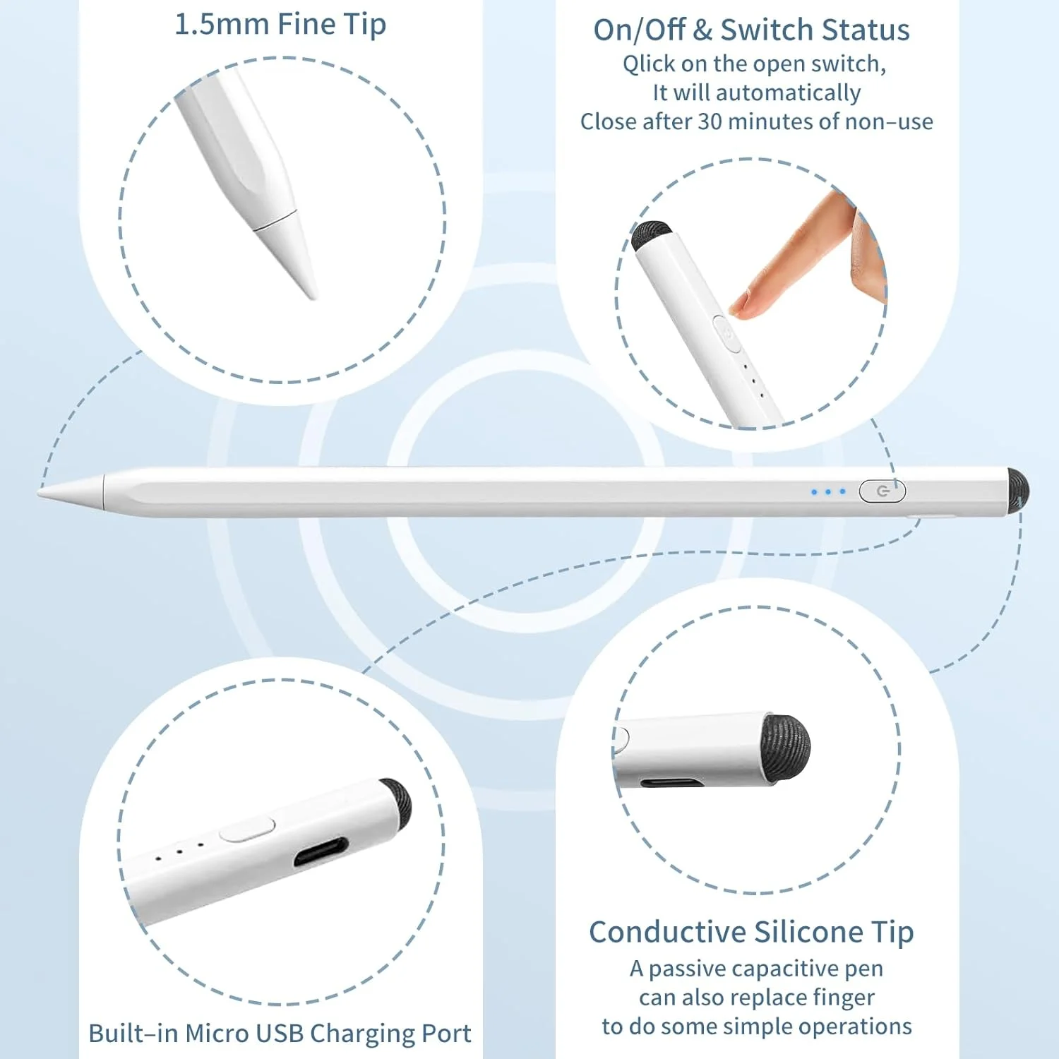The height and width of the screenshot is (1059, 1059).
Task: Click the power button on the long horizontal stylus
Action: [x=882, y=491]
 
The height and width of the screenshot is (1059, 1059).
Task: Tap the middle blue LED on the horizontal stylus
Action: [x=828, y=491]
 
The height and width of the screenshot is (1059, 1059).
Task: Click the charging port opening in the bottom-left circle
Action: [x=321, y=851]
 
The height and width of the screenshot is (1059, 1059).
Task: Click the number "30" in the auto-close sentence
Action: [x=710, y=121]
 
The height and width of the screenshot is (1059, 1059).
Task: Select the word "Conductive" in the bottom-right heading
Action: [x=667, y=932]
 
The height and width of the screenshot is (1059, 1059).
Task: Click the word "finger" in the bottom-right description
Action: [x=844, y=998]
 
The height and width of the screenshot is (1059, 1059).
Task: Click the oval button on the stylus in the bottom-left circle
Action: [x=246, y=829]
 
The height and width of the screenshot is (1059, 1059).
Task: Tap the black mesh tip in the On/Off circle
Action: [x=650, y=235]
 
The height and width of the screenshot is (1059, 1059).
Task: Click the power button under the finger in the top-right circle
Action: [x=726, y=335]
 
